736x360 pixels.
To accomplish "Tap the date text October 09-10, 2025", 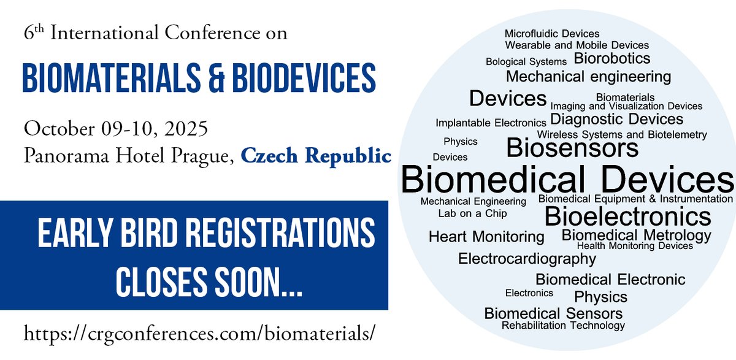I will pos(116,130).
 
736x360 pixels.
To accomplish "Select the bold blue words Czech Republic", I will pos(316,156).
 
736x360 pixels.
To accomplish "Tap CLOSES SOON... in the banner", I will pos(209,280).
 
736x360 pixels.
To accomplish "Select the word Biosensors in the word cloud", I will pos(573,148).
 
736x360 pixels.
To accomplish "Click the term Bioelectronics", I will pos(627,216).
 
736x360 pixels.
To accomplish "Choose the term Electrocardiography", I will pos(527,259).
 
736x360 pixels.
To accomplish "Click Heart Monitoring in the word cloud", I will pos(486,237).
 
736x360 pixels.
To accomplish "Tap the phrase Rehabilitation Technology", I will pos(563,325).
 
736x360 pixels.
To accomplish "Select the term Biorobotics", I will pos(611,59).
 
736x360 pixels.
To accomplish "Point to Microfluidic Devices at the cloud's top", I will pos(552,34).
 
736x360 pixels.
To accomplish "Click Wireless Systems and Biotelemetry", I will pos(622,135).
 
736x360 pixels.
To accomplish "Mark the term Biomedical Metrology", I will pos(636,235).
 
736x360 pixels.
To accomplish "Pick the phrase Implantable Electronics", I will pos(491,123).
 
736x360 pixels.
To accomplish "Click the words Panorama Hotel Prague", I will pos(128,156).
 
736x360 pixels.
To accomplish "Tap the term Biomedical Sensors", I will pos(553,313).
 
